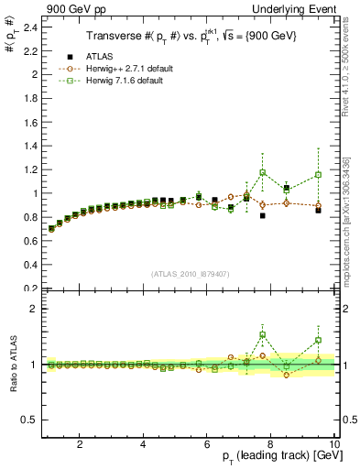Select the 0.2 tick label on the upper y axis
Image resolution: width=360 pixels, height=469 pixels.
pos(29,289)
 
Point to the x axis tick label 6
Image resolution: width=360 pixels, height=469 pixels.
pos(206,445)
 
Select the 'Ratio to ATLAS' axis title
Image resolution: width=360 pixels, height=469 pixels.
pos(10,366)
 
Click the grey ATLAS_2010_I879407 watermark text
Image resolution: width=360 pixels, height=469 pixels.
pos(190,273)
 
